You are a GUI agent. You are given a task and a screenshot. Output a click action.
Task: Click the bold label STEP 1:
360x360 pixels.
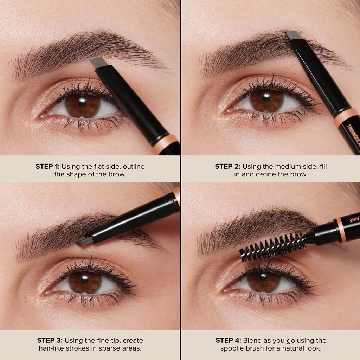click(47, 166)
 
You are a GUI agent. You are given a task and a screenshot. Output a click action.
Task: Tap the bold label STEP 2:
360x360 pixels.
click(227, 166)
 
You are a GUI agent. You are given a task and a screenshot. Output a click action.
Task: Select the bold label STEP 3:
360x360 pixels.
click(49, 340)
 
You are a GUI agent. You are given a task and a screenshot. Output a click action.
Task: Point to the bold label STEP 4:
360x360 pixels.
click(229, 340)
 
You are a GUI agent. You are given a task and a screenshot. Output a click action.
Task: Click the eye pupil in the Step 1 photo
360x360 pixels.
click(82, 103)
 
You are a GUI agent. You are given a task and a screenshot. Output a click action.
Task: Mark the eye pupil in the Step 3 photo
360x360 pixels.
click(85, 279)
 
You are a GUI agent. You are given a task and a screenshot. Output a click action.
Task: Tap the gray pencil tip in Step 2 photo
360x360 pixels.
click(293, 35)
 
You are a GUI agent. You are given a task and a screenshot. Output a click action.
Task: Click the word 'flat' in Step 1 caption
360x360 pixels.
click(99, 166)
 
